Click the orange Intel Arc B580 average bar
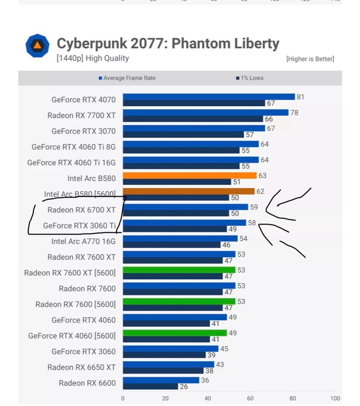click(x=189, y=176)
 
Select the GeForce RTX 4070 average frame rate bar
click(x=209, y=97)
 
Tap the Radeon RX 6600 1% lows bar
click(x=150, y=386)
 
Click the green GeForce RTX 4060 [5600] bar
click(x=175, y=333)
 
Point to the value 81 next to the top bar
click(x=300, y=97)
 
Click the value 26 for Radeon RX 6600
click(x=184, y=386)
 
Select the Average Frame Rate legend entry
click(x=127, y=78)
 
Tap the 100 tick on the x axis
click(x=335, y=398)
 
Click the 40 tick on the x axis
click(x=208, y=398)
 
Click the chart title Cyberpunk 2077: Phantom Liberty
click(x=168, y=44)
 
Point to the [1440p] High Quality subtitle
click(x=92, y=58)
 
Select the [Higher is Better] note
click(x=310, y=59)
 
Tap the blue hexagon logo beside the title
click(x=37, y=46)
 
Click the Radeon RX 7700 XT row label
click(x=81, y=115)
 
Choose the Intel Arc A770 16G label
click(x=83, y=241)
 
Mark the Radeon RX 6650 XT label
click(x=81, y=367)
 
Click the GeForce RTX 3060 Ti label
click(x=79, y=225)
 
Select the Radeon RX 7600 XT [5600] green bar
click(x=179, y=270)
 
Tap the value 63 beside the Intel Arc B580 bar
click(x=262, y=176)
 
